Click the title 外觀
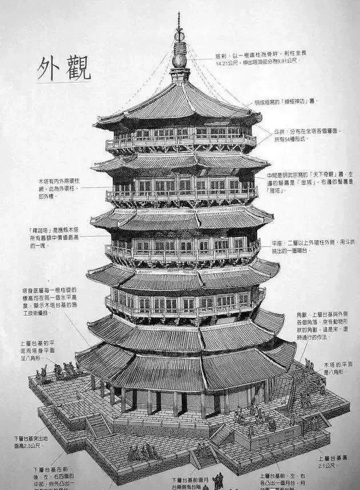click(x=63, y=68)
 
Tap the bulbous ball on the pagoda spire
click(x=179, y=59)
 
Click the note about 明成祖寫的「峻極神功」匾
click(x=286, y=102)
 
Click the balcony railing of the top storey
click(x=179, y=141)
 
